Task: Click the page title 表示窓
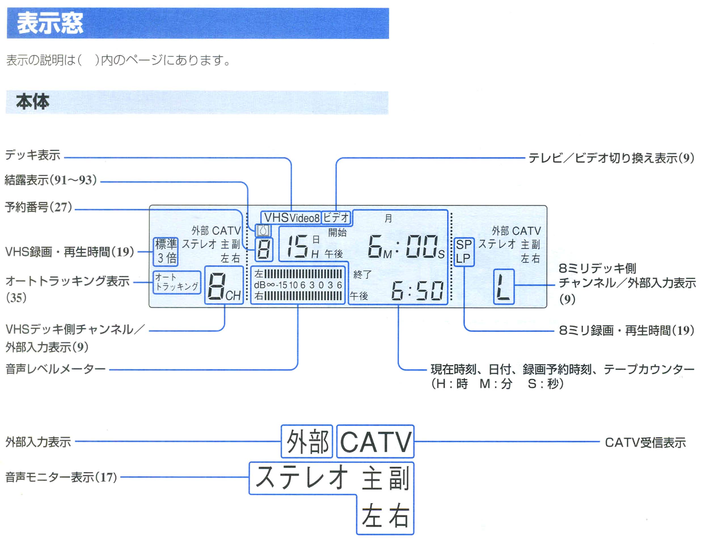coord(50,23)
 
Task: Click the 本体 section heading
coord(33,102)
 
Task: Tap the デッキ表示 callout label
coord(33,155)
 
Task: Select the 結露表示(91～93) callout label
coord(51,180)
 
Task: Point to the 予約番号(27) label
coord(38,207)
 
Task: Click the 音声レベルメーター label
coord(56,369)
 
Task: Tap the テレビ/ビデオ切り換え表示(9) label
coord(611,158)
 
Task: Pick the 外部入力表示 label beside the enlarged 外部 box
coord(38,442)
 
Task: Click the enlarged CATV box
coord(375,441)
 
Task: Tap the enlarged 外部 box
coord(307,441)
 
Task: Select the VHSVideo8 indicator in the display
coord(291,218)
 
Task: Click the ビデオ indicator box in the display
coord(336,218)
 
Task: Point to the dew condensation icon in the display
coord(263,231)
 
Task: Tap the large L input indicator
coord(504,287)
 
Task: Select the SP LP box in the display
coord(464,252)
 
